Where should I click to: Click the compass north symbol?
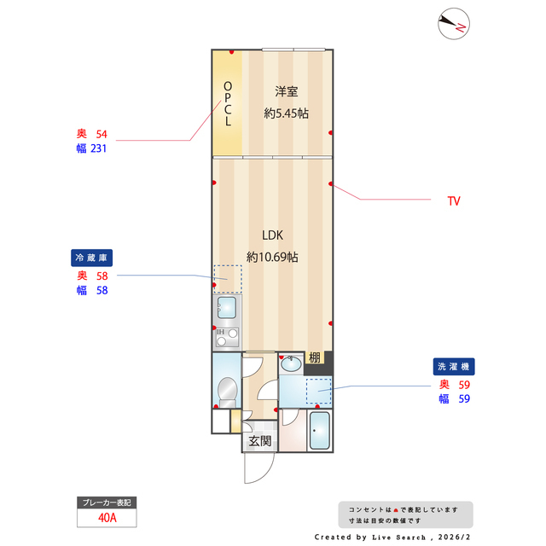[x=451, y=24]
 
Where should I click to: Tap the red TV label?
[x=454, y=201]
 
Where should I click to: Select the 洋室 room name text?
[x=287, y=91]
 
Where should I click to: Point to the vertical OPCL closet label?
[x=228, y=104]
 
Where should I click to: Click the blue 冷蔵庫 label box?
[x=92, y=258]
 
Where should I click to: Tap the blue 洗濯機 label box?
[x=454, y=366]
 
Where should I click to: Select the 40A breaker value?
[x=107, y=517]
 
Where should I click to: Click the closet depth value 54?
[x=102, y=134]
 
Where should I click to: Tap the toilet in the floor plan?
[x=227, y=392]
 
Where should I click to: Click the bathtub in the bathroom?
[x=320, y=431]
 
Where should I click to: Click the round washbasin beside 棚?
[x=291, y=364]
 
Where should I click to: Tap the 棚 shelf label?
[x=315, y=358]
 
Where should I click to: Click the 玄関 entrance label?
[x=260, y=441]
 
